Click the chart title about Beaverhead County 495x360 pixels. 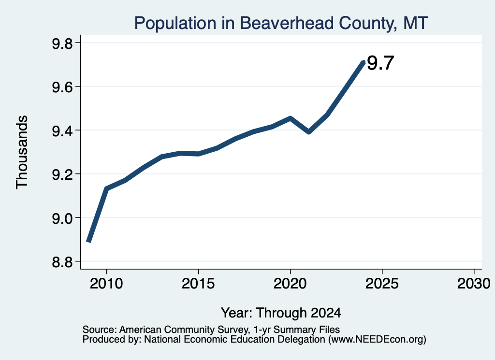point(281,23)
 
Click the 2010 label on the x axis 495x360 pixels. point(106,284)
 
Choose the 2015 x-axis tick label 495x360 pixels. point(198,284)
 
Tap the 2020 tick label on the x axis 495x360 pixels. point(290,284)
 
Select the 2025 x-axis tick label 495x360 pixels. point(382,284)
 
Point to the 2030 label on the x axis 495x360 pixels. point(474,284)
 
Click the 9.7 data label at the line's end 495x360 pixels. point(380,63)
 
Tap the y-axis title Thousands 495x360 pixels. point(22,152)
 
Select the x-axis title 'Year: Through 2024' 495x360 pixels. point(281,313)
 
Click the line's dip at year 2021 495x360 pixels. point(309,132)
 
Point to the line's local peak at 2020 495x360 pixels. point(291,118)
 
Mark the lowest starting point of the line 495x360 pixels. point(89,241)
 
